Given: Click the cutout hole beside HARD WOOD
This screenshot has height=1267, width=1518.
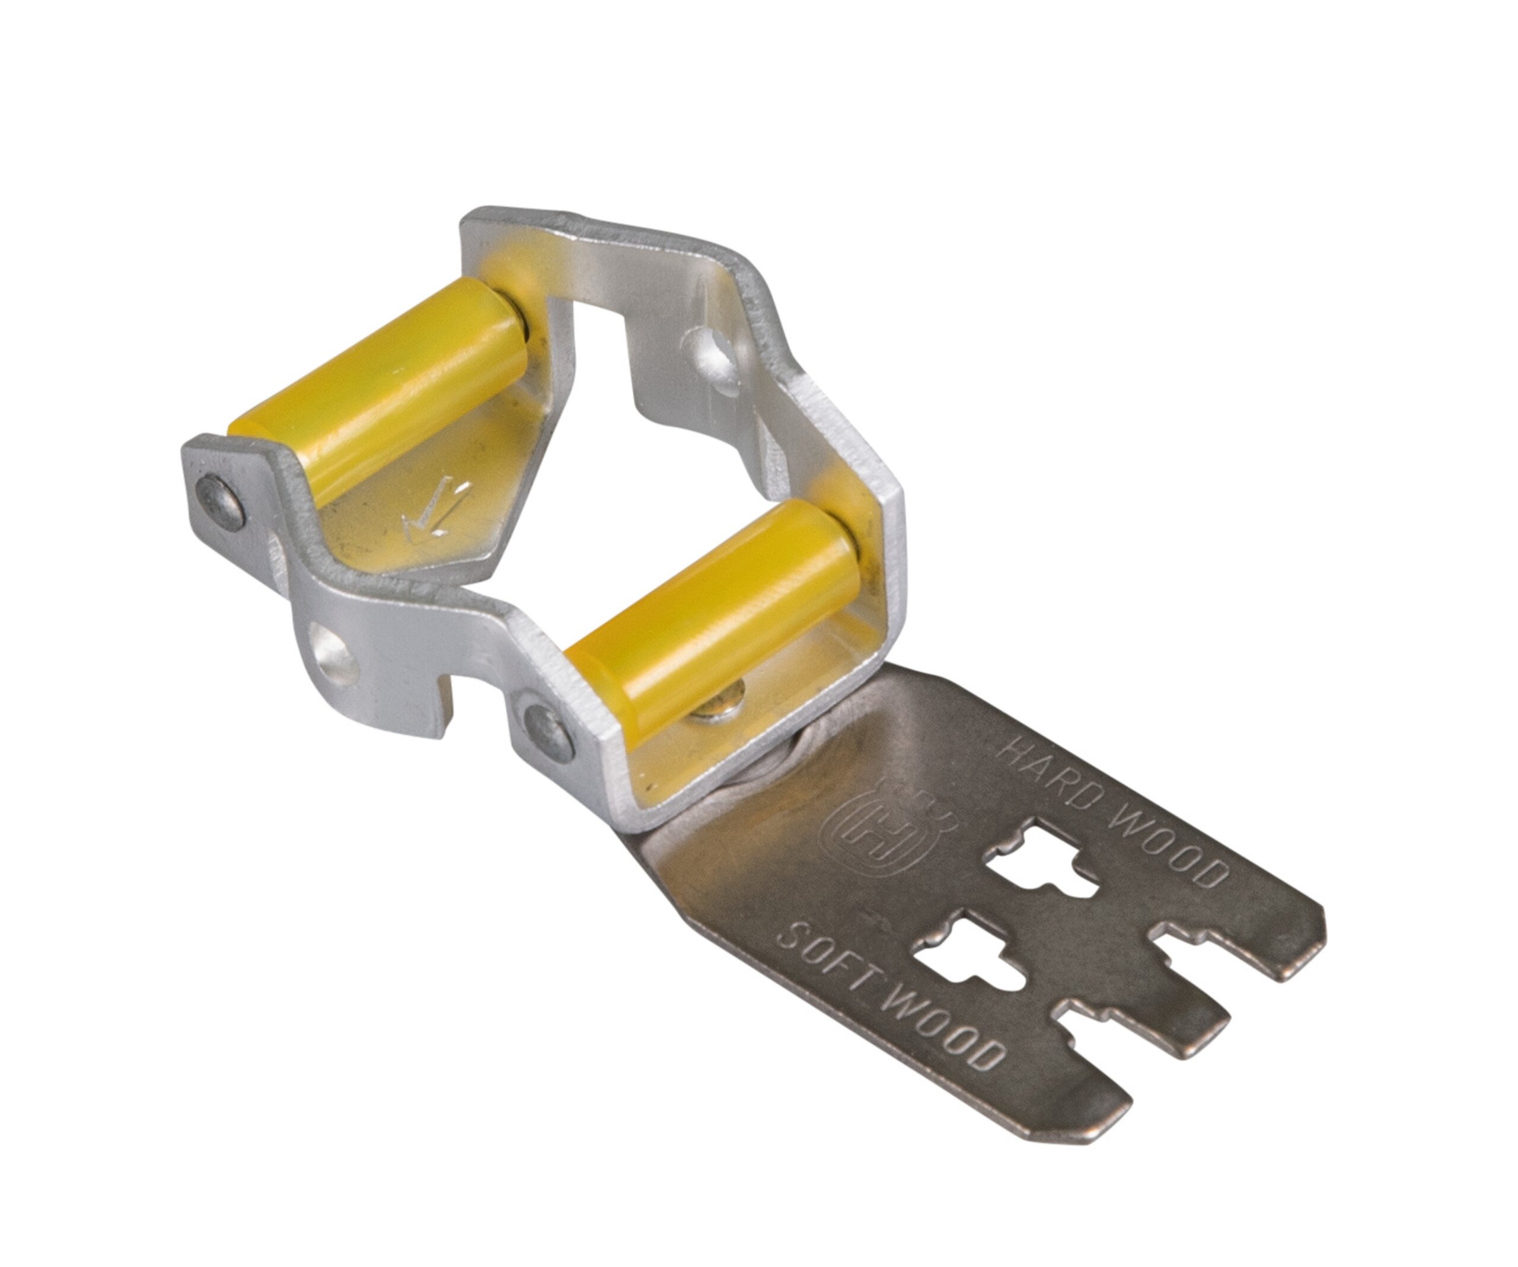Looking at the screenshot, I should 1041,864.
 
